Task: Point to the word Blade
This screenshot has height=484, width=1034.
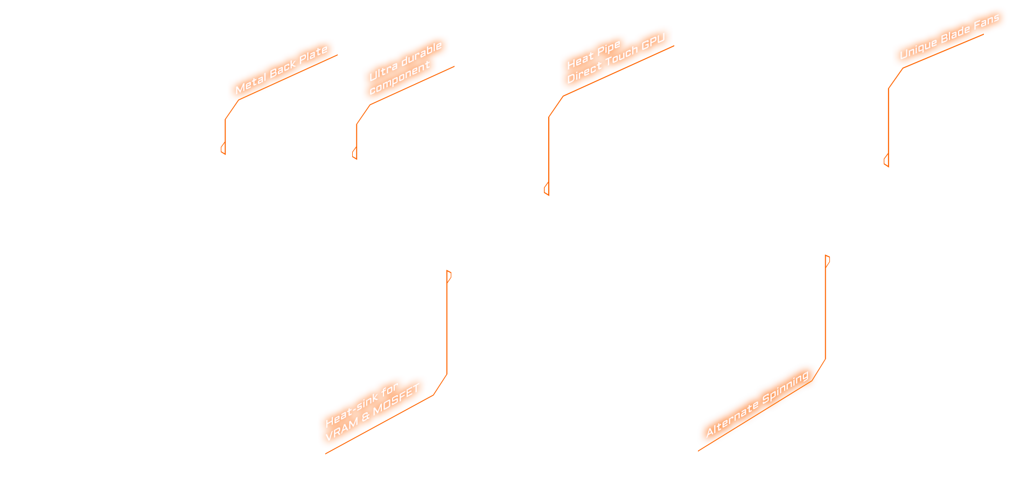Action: click(955, 33)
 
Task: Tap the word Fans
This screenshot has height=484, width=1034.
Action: click(987, 22)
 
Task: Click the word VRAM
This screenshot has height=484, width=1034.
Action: click(341, 430)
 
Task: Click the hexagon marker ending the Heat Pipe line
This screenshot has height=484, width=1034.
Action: click(547, 189)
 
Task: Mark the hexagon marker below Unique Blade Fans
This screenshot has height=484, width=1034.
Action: click(886, 161)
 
